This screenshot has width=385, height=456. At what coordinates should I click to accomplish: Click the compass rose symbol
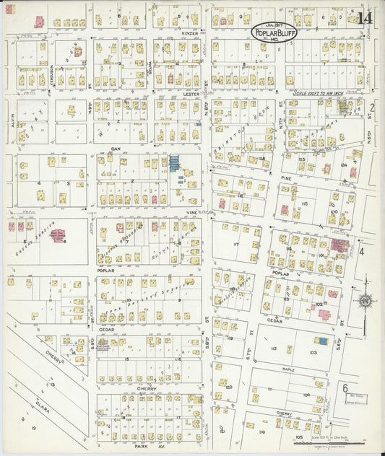point(365,300)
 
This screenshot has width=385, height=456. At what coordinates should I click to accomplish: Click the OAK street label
point(114,149)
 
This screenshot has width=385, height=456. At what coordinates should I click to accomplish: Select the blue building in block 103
point(323,341)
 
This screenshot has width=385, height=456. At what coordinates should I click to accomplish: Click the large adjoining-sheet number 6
point(345,387)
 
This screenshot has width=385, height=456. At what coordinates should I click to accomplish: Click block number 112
point(274,348)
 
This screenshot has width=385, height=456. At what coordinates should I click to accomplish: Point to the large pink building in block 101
point(337,245)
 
